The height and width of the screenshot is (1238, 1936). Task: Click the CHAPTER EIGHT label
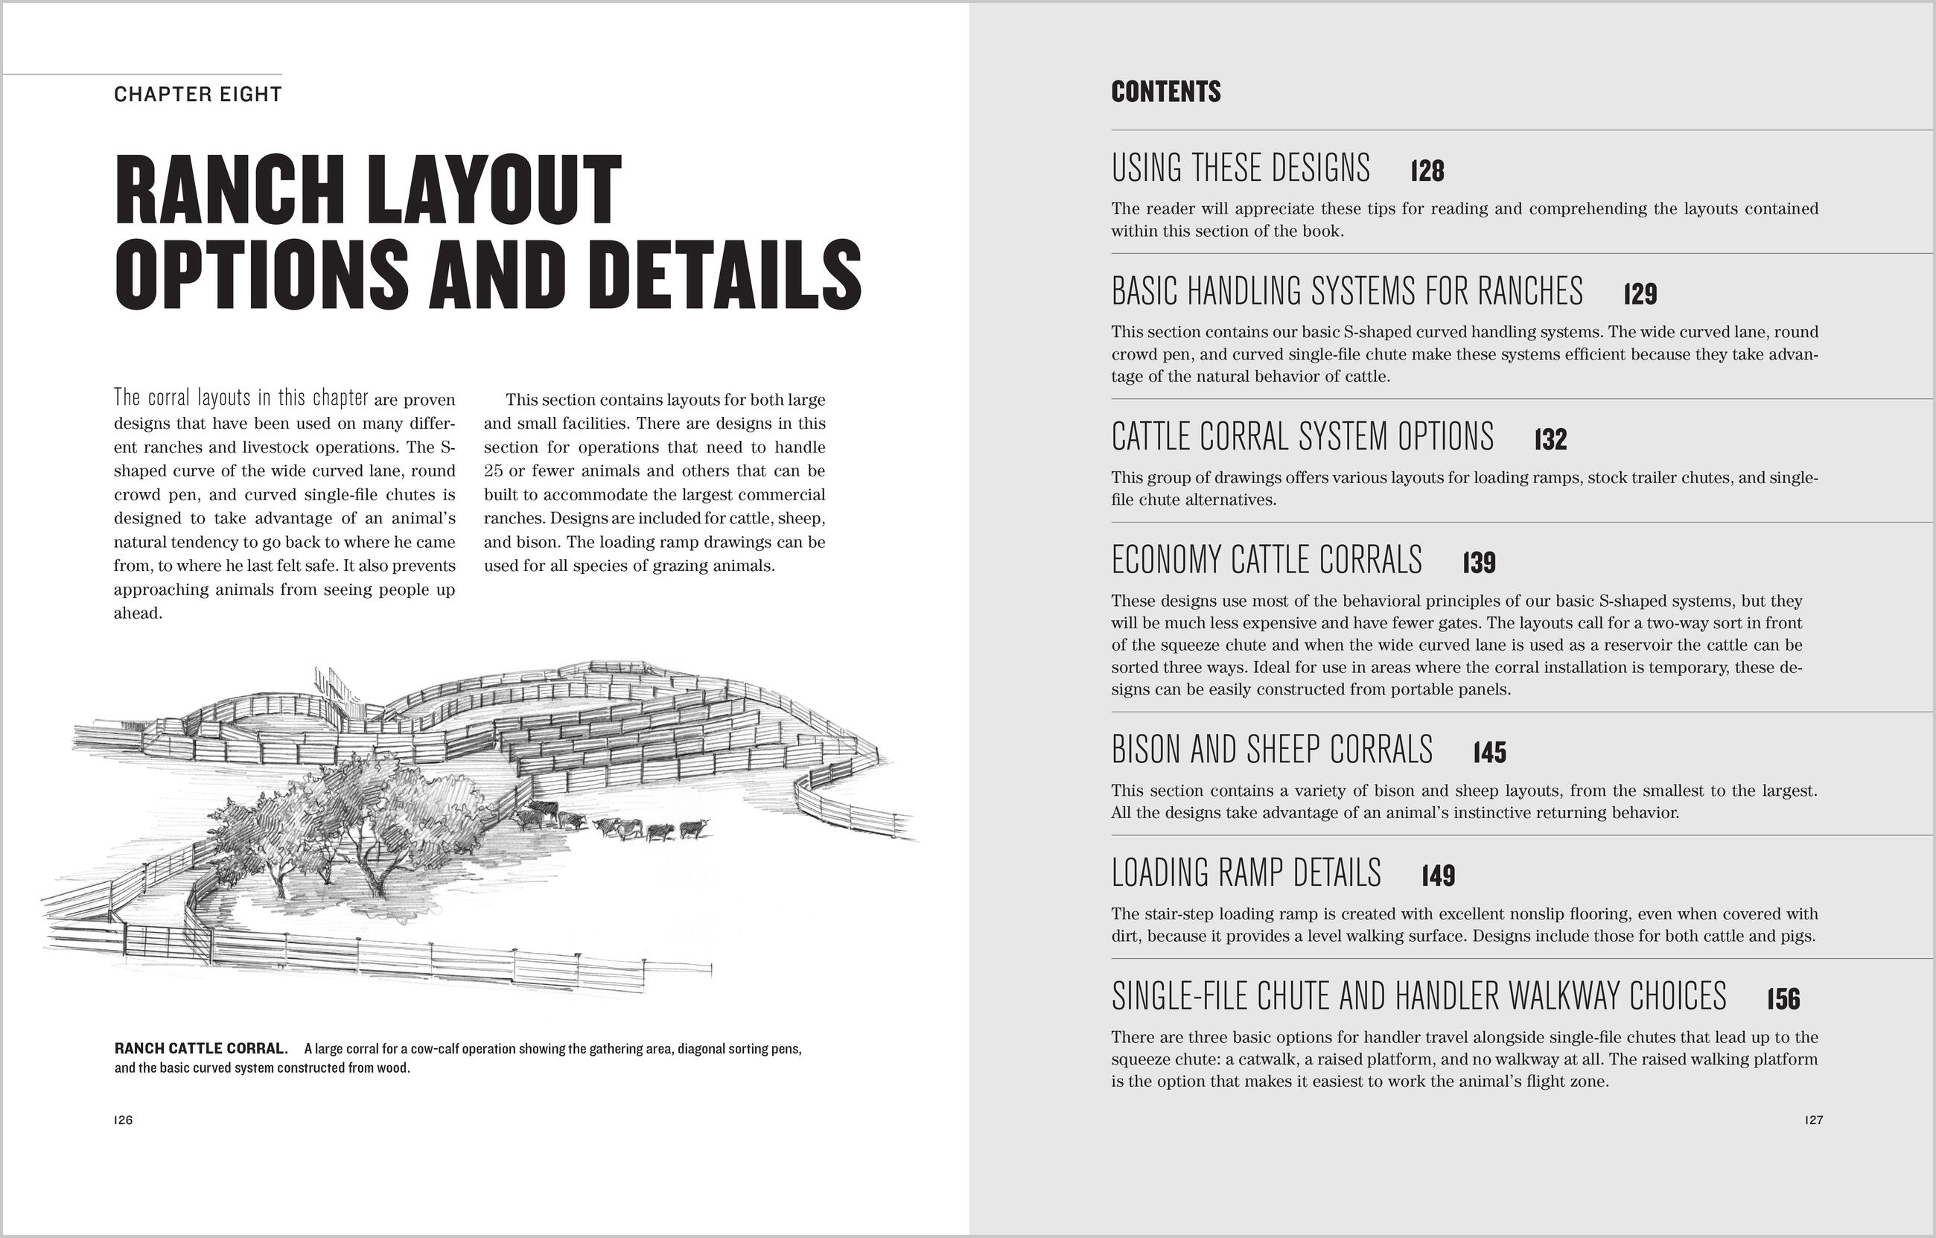(x=198, y=95)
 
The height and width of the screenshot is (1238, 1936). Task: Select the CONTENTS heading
(x=1165, y=92)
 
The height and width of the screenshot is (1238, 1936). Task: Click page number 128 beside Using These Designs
(x=1427, y=171)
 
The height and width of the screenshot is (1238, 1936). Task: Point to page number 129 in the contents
(x=1640, y=294)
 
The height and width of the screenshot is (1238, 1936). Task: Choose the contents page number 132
(x=1550, y=440)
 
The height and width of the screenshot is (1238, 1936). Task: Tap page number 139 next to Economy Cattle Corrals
(x=1479, y=563)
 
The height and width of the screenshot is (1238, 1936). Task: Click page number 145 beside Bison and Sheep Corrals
(x=1489, y=753)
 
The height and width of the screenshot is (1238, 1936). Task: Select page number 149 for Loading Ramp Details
(x=1438, y=875)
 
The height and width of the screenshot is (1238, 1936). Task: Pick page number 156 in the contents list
(x=1783, y=999)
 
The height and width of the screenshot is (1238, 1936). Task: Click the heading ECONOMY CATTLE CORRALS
(x=1267, y=561)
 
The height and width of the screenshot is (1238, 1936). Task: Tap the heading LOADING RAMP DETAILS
(x=1246, y=873)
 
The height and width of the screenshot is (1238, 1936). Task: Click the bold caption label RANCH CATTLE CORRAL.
(x=201, y=1048)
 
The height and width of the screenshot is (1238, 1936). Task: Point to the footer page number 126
(x=123, y=1120)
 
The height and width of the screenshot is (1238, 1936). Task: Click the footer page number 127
(x=1813, y=1120)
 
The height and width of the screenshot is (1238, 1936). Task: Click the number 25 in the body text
(x=494, y=470)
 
